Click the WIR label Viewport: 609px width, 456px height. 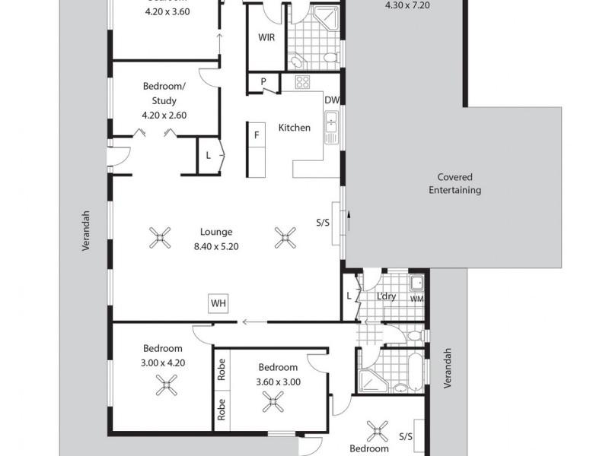coord(266,37)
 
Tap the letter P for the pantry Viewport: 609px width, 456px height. coord(263,82)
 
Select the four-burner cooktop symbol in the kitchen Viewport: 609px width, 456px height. coord(302,83)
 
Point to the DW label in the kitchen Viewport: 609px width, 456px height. coord(331,100)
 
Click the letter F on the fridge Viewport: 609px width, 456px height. coord(257,135)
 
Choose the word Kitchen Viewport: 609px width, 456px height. coord(294,128)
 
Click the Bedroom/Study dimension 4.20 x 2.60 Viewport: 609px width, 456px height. coord(164,116)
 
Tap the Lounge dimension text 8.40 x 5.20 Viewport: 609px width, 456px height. coord(216,246)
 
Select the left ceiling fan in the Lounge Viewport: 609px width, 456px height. coord(159,239)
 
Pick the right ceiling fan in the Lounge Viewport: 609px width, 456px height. coord(285,239)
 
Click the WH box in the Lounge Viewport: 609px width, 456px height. coord(218,304)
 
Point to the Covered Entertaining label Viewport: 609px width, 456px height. coord(454,184)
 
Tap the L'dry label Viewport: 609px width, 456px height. coord(387,296)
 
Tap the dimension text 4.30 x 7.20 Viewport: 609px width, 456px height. coord(408,5)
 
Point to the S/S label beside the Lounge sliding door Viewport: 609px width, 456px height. coord(322,223)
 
